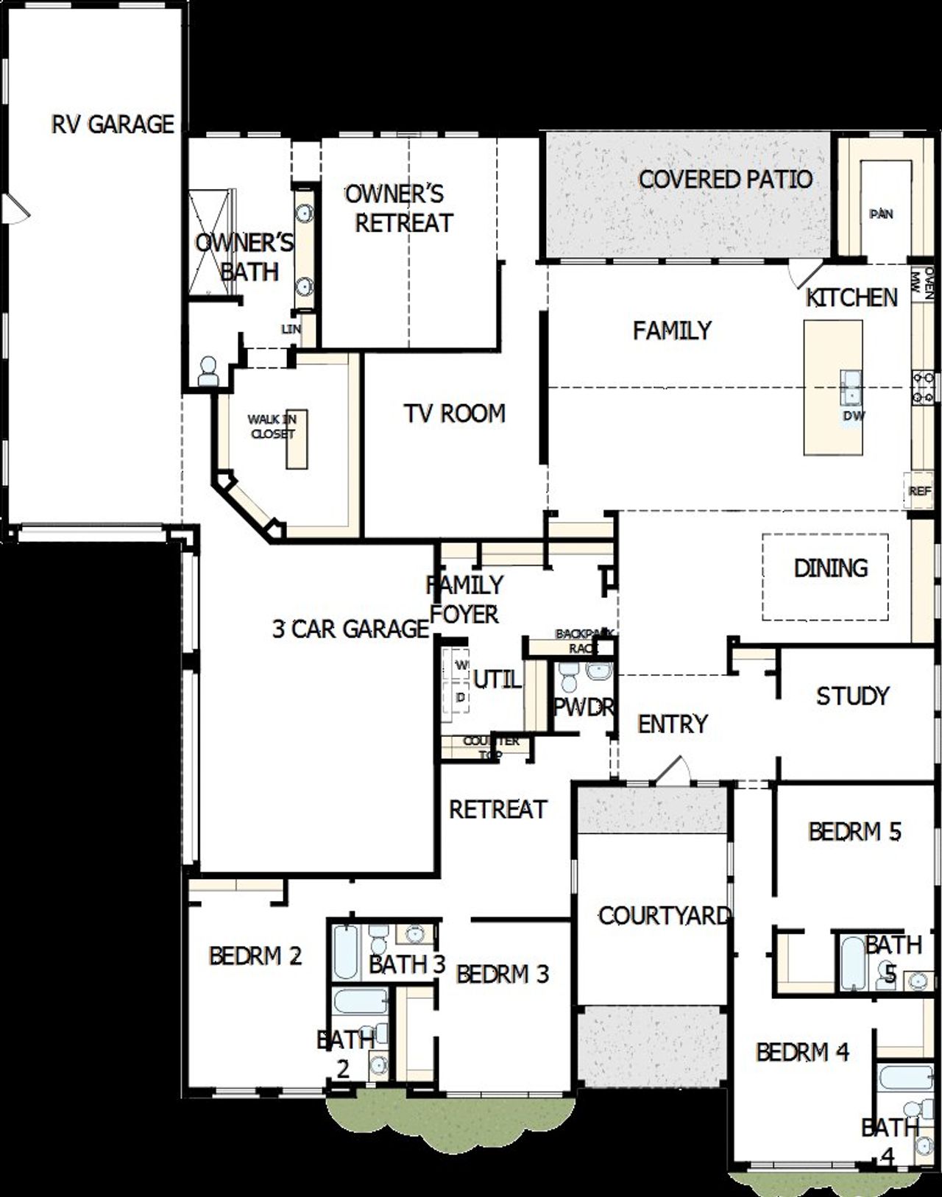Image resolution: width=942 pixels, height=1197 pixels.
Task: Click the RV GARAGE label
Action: [113, 124]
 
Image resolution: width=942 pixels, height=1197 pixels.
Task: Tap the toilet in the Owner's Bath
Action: [208, 372]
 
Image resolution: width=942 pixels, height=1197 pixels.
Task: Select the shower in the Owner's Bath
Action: [212, 243]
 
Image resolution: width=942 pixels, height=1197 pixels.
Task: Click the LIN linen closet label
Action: [291, 329]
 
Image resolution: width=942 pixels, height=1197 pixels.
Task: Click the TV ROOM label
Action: [454, 414]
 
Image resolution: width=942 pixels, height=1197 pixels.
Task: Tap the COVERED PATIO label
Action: [725, 179]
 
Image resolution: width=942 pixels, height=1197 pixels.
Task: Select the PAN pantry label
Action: [881, 214]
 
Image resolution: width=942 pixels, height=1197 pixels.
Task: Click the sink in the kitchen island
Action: [851, 386]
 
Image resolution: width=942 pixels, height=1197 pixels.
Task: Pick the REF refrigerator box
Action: [919, 490]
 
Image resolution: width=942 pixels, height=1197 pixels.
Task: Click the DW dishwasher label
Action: [854, 416]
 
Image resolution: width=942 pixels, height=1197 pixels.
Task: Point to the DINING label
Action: [830, 568]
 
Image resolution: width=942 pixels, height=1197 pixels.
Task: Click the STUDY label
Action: [852, 696]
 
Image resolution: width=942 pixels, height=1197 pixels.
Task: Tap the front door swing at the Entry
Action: [673, 769]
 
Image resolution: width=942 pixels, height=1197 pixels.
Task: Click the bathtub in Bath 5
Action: [852, 963]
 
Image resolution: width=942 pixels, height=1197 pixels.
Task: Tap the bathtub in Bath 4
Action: [905, 1078]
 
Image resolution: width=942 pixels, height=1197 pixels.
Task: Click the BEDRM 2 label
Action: [255, 956]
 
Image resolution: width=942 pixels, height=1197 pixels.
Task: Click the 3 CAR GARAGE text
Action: [350, 629]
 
